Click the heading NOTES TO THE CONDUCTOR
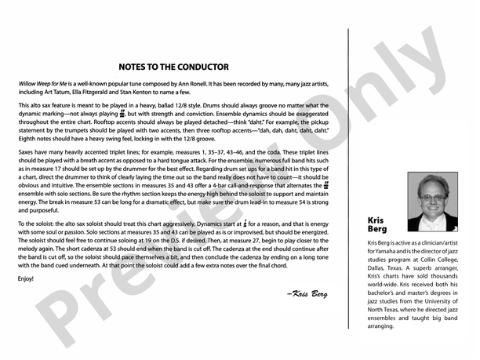[x=173, y=67]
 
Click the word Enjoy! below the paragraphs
[x=26, y=278]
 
